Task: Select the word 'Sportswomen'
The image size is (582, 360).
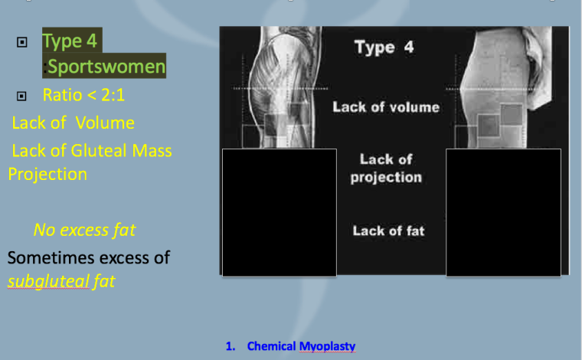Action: (106, 67)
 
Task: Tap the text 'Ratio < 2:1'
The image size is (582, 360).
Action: (84, 95)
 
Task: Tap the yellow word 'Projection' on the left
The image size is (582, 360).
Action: (47, 174)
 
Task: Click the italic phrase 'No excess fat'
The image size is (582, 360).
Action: (84, 229)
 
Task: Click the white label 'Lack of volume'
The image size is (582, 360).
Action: (386, 107)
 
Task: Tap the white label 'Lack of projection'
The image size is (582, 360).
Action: (386, 169)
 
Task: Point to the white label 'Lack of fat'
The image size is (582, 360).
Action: (388, 231)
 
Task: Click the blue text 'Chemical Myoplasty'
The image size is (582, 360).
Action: (301, 346)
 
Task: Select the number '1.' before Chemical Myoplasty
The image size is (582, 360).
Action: (231, 346)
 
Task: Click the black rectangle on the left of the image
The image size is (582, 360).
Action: (279, 212)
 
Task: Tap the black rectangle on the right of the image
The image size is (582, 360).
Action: (503, 212)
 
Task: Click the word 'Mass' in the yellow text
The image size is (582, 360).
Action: (151, 151)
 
